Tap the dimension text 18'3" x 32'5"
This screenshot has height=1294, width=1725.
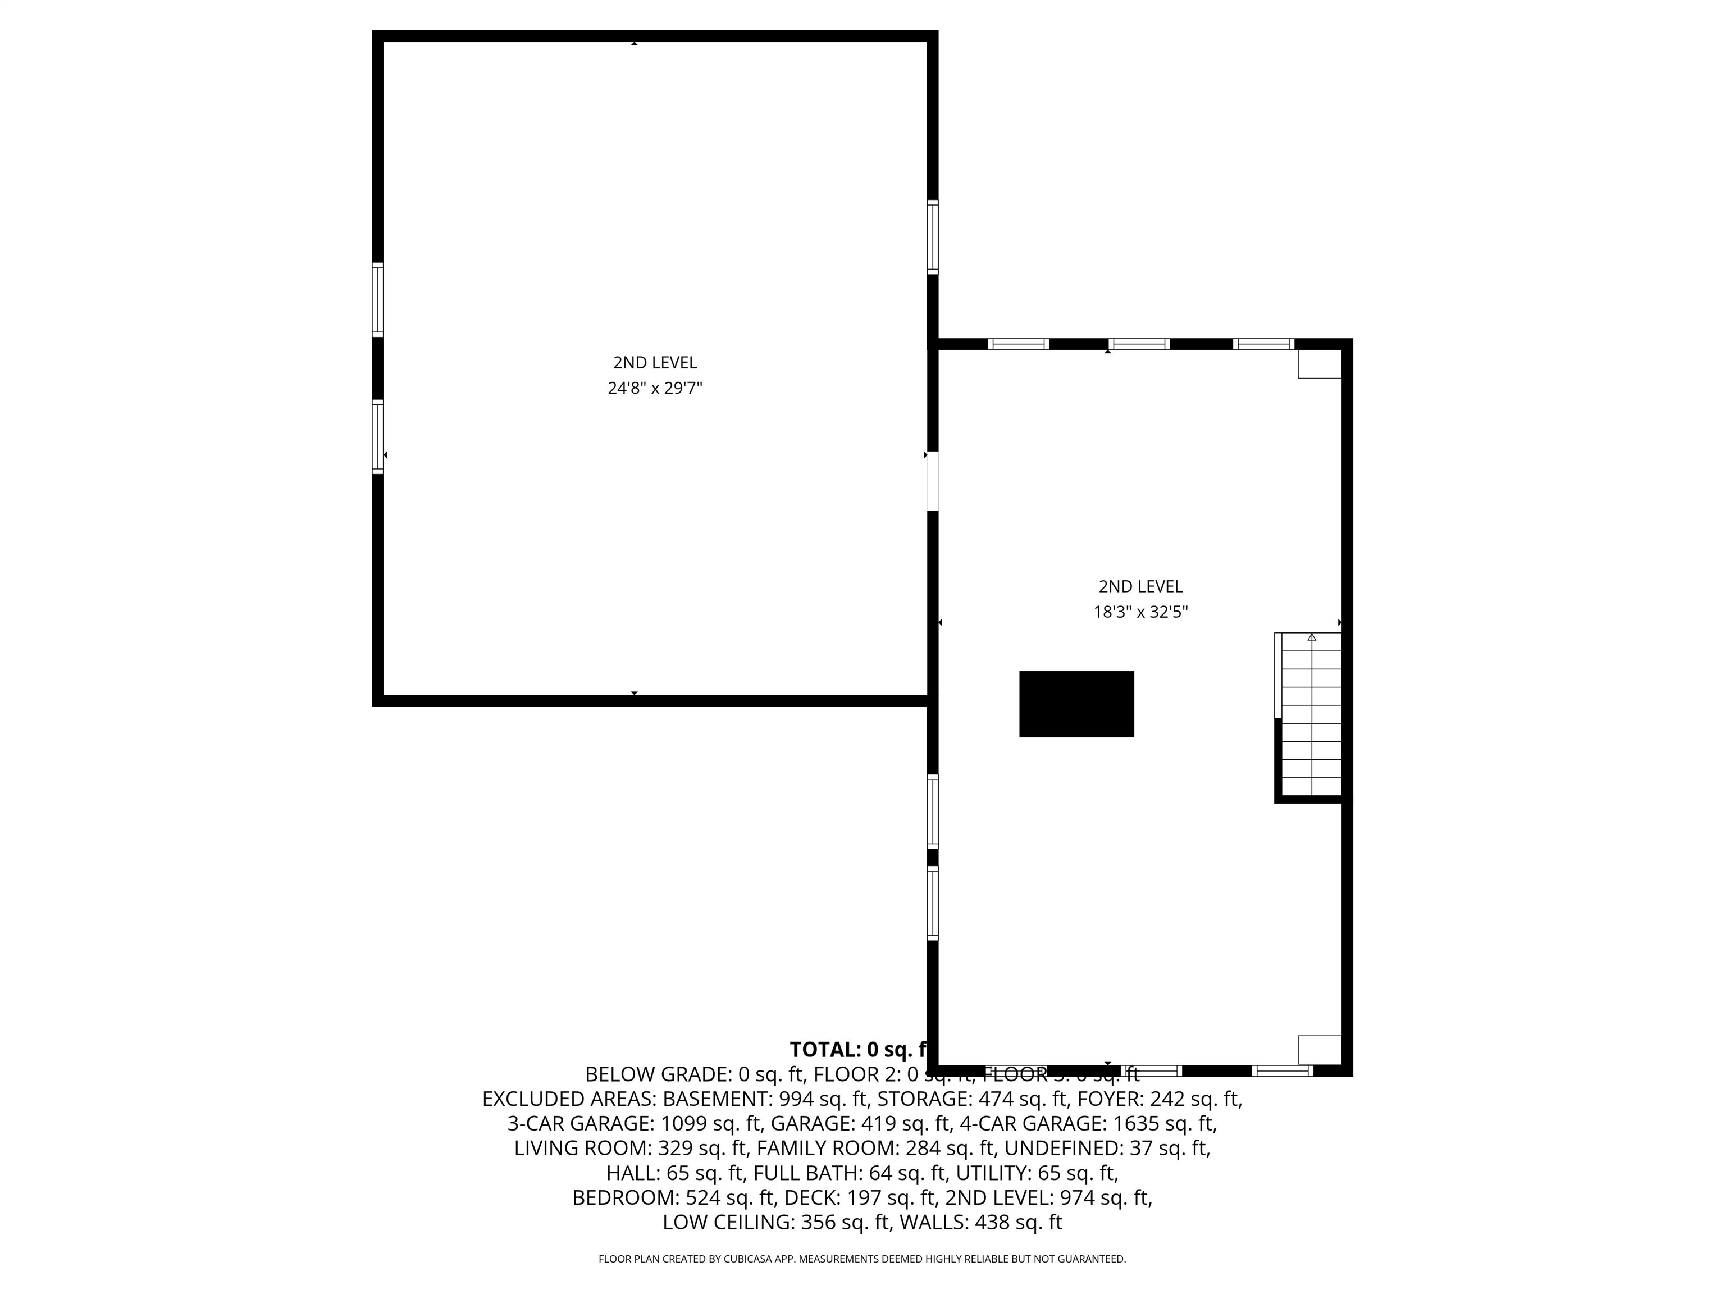tap(1140, 612)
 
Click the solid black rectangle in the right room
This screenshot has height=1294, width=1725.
tap(1076, 704)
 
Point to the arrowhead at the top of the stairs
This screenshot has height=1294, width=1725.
tap(1312, 637)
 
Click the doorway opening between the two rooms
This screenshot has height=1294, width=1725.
tap(932, 481)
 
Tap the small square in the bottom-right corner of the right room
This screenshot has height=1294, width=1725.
tap(1318, 1049)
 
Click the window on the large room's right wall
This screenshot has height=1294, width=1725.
tap(932, 237)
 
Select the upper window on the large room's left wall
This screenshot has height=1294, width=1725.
tap(377, 299)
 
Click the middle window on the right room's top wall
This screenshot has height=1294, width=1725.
tap(1139, 344)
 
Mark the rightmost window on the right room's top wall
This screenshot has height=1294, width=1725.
tap(1263, 344)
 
